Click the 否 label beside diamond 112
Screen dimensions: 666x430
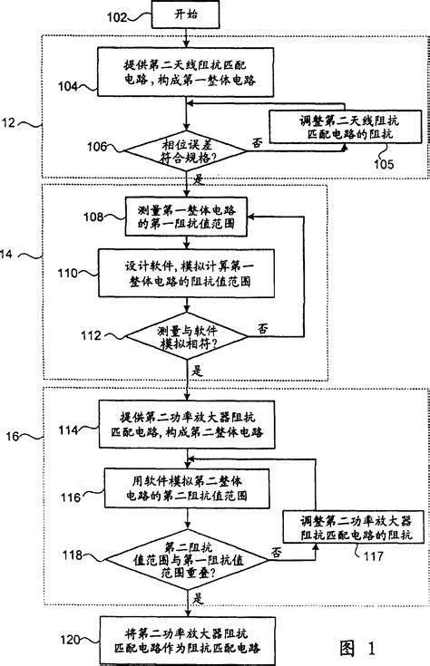point(264,326)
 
